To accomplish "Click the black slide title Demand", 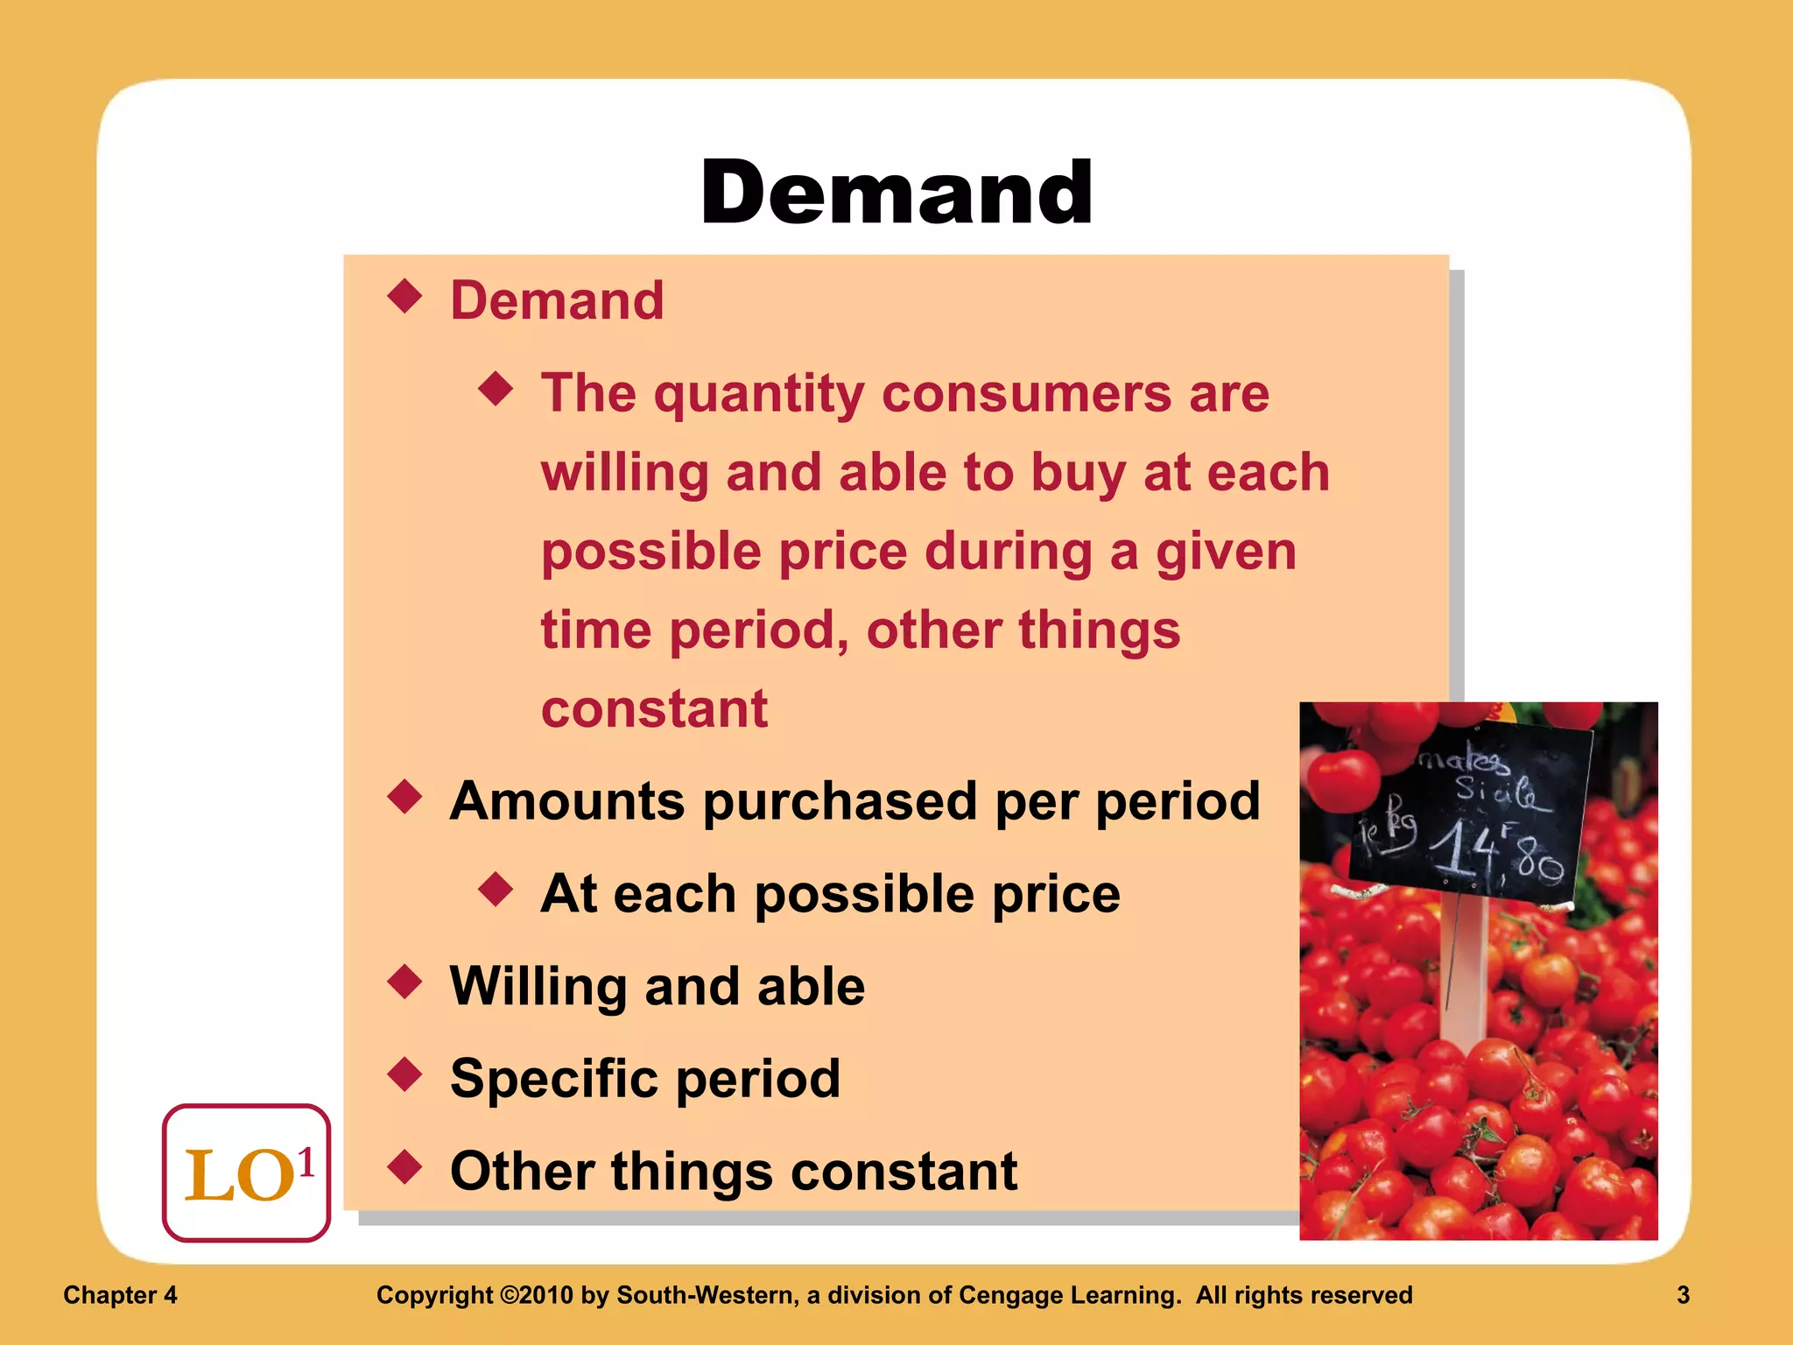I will tap(896, 193).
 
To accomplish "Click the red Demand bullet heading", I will tap(557, 300).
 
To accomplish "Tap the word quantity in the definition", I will tap(759, 394).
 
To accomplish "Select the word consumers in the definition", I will tap(1026, 394).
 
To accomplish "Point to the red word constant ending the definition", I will tap(654, 708).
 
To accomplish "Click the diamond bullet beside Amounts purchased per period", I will tap(404, 798).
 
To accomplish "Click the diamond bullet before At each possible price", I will tap(496, 890).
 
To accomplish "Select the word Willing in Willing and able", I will tap(538, 987).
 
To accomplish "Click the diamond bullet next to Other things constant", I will tap(404, 1167).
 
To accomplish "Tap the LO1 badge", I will tap(246, 1173).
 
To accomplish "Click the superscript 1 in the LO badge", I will tap(306, 1163).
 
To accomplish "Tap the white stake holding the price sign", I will tap(1462, 972).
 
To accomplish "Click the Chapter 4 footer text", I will tap(120, 1295).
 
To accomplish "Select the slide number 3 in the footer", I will tap(1683, 1295).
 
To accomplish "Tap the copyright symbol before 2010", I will tap(509, 1295).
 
